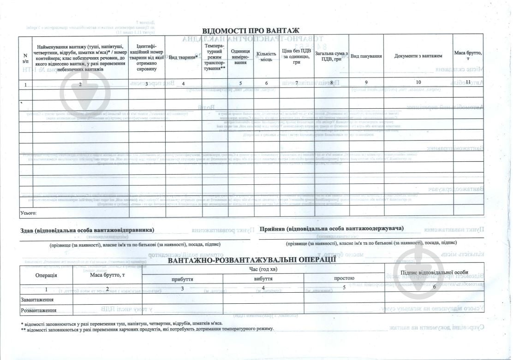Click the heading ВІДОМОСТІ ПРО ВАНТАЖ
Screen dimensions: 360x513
[251, 30]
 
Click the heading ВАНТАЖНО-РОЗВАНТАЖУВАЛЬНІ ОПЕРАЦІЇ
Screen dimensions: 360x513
[252, 260]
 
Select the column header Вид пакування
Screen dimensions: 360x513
[366, 56]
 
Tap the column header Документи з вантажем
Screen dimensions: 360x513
[418, 56]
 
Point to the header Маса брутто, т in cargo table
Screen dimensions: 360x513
[468, 56]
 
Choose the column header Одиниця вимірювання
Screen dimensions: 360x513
[240, 56]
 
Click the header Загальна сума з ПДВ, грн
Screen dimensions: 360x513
[331, 56]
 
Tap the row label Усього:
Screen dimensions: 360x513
[28, 213]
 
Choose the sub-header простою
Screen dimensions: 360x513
[344, 278]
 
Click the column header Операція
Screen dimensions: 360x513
[46, 275]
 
